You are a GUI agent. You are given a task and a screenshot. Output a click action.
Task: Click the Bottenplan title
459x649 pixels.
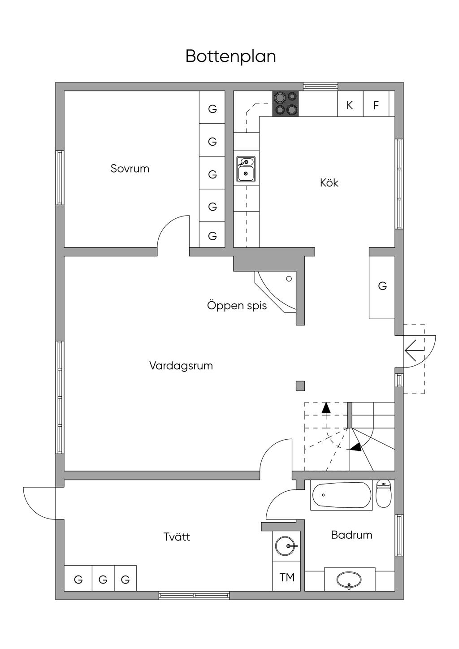pos(230,56)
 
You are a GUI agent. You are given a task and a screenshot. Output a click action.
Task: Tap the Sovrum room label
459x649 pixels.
pos(130,169)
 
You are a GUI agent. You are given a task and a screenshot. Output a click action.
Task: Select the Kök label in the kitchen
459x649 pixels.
pos(329,182)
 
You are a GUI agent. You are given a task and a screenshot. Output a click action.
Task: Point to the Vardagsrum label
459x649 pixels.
pos(181,366)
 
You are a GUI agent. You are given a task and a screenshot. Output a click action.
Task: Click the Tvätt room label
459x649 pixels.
pos(177,537)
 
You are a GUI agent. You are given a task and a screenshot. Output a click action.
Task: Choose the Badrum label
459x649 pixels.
pos(351,535)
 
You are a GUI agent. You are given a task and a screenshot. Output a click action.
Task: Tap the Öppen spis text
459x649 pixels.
pos(237,306)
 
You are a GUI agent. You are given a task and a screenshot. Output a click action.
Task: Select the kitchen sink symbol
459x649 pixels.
pos(246,169)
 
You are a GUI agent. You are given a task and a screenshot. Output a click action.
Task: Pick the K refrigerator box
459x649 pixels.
pos(350,105)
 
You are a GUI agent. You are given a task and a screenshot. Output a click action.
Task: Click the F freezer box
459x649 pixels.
pos(376,105)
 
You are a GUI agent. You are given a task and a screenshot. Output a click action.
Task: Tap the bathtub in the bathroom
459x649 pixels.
pos(341,496)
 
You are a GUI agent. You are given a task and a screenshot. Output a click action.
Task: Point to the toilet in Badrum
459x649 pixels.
pos(383,494)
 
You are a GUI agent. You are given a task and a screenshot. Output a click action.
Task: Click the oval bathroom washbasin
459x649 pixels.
pos(349,579)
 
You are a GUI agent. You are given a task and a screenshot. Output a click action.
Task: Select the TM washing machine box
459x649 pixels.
pos(287,577)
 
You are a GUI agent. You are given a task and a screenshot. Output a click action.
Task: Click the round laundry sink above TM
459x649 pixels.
pos(286,545)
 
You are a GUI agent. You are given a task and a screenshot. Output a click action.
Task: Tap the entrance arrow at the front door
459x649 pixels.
pos(413,350)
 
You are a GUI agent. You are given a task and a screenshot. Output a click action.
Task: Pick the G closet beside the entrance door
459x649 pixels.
pos(382,286)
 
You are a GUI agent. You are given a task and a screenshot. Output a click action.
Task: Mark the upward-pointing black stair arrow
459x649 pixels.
pos(326,407)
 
